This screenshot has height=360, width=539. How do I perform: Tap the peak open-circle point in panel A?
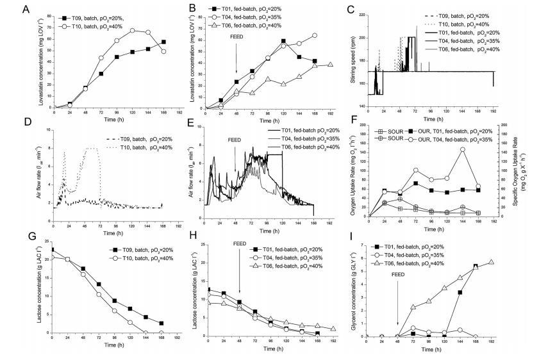pyautogui.click(x=132, y=30)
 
